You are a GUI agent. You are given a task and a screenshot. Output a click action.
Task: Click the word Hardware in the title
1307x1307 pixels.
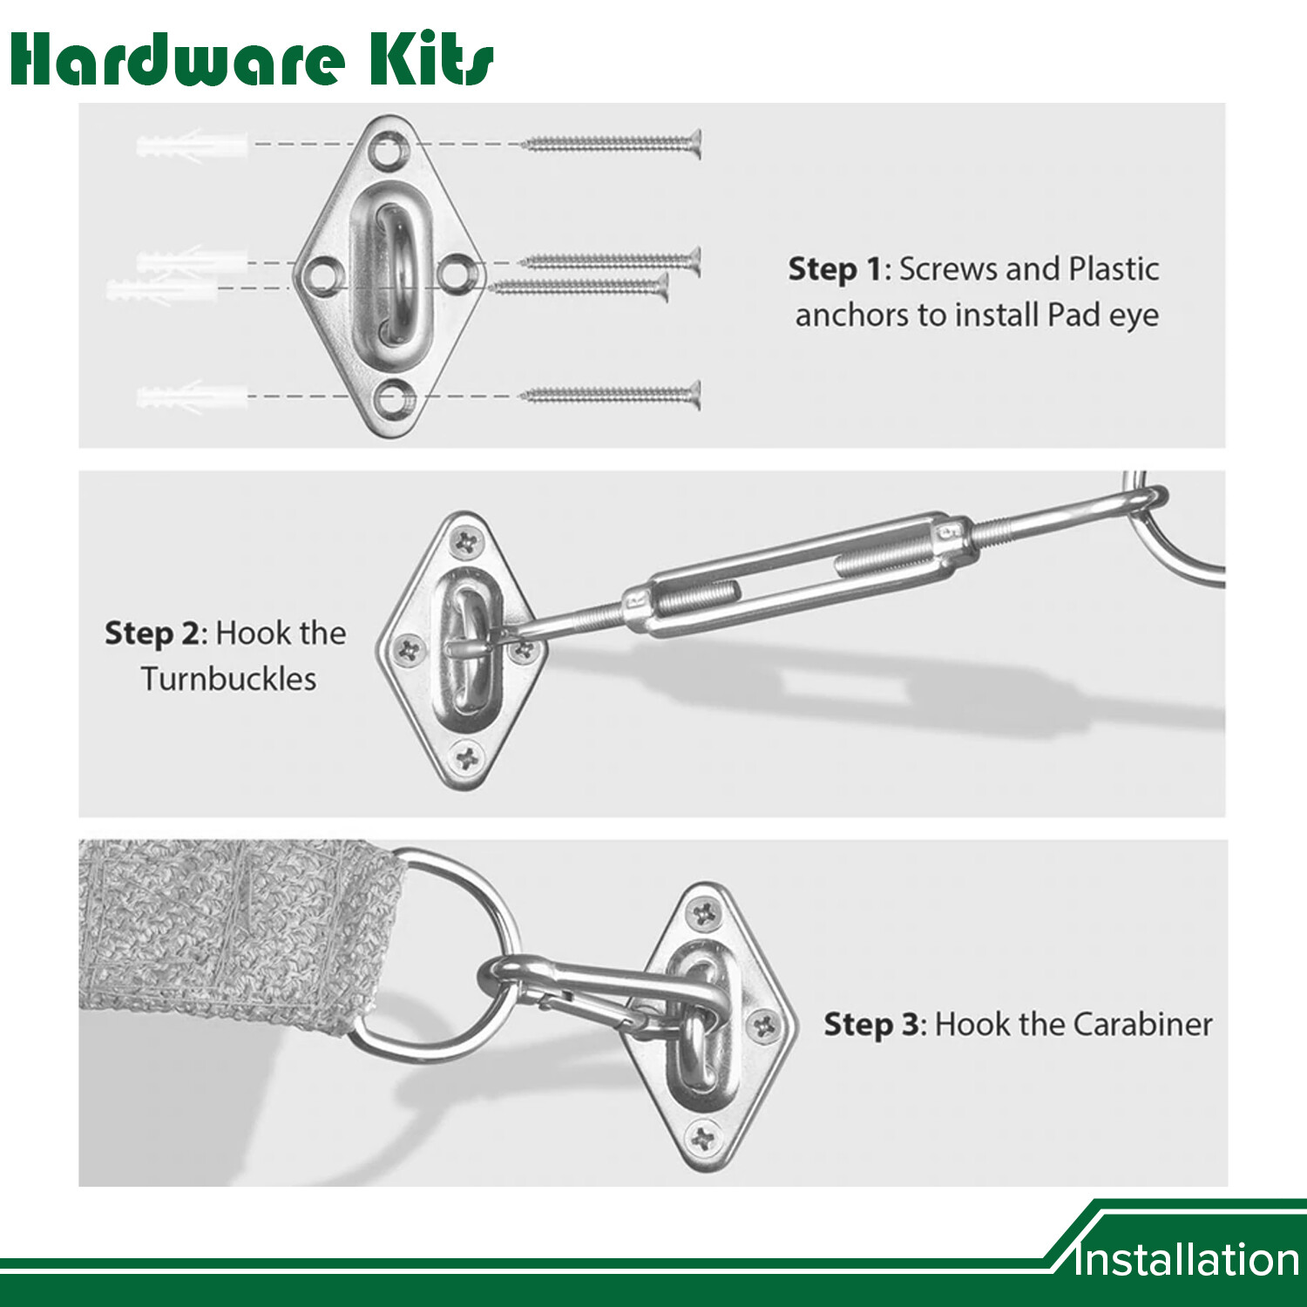(178, 60)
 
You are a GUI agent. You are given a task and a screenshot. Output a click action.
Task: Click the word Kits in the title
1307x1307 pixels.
(431, 60)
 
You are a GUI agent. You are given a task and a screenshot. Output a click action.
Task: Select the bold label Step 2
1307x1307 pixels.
(152, 633)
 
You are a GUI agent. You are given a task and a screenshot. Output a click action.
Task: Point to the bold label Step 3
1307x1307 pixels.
(871, 1025)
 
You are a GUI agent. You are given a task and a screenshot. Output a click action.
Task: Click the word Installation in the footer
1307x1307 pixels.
(1187, 1260)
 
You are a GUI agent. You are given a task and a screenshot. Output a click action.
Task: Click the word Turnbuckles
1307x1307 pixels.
(229, 679)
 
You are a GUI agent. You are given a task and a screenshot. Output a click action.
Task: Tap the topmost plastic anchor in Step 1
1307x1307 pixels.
(192, 144)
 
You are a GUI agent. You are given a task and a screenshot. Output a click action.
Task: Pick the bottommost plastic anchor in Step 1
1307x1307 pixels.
(192, 397)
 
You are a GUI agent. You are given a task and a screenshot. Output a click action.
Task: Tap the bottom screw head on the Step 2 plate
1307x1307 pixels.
(468, 757)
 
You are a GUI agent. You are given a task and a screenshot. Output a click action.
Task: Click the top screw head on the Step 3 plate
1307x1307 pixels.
(703, 914)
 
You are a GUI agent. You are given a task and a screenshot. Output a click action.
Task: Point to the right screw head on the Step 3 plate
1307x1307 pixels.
(764, 1026)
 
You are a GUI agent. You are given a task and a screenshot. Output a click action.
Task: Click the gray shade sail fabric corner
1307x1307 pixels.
(235, 932)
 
